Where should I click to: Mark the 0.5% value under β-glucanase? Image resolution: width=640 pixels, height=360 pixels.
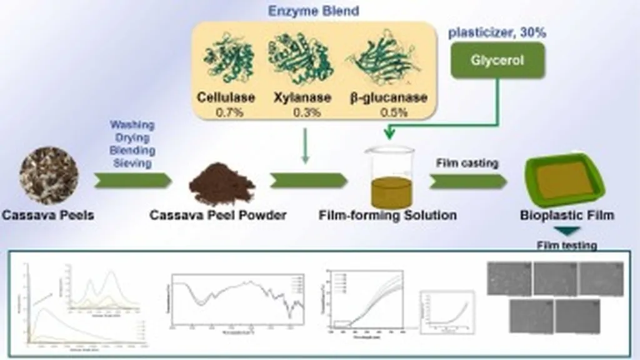[392, 112]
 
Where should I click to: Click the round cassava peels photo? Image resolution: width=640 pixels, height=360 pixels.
[49, 176]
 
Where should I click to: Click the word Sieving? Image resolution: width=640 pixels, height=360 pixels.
[132, 162]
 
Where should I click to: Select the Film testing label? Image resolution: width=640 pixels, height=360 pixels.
[567, 246]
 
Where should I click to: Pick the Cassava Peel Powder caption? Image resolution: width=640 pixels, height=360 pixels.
[217, 216]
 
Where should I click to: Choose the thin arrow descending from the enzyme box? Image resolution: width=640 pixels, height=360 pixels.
[305, 146]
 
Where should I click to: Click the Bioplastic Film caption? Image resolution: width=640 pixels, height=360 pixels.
[567, 216]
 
